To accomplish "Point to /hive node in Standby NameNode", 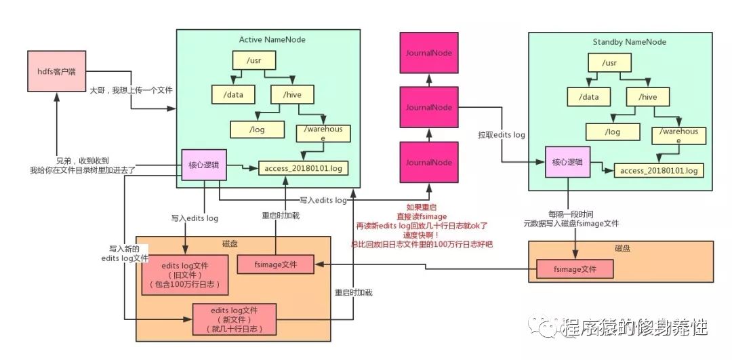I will pyautogui.click(x=649, y=97).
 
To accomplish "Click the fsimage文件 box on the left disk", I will pyautogui.click(x=274, y=264).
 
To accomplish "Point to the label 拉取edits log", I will pyautogui.click(x=501, y=135).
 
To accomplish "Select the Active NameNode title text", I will pyautogui.click(x=272, y=39).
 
